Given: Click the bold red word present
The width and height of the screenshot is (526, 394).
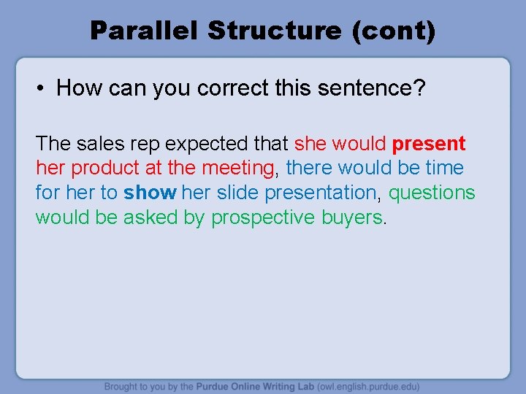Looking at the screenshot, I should pos(428,143).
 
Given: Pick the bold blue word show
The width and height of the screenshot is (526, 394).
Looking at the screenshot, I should pos(150,193).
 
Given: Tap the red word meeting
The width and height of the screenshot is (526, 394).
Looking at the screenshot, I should pos(237,168).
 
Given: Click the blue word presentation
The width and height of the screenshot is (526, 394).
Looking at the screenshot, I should pos(321,193).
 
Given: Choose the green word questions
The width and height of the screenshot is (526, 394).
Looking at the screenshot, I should pos(431,193).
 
